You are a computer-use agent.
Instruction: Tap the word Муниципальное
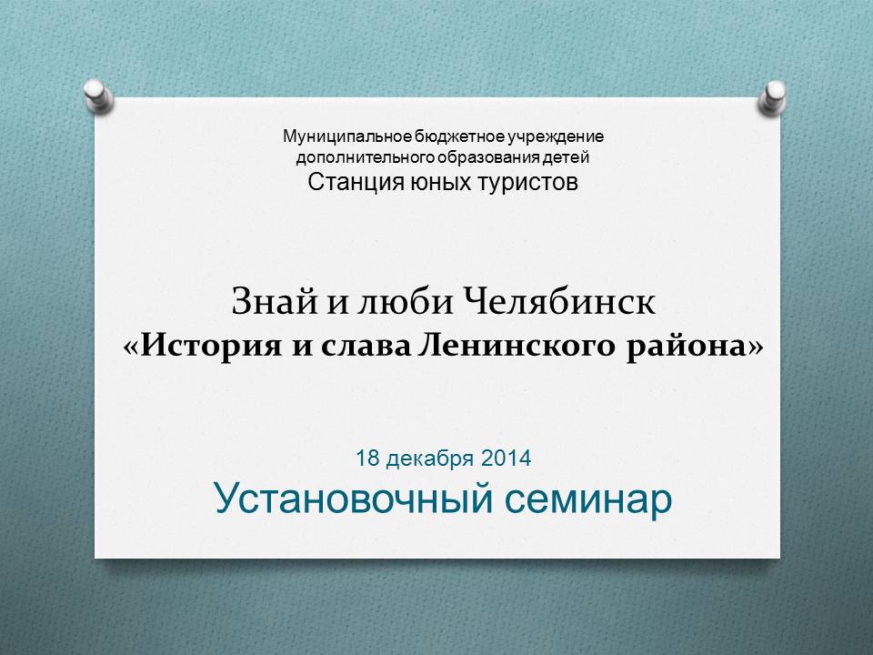pos(347,136)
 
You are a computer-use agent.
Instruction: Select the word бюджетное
pos(458,136)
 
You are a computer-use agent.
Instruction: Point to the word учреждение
pos(555,136)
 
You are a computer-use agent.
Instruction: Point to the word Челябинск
pos(559,302)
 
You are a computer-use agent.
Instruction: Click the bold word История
pos(210,346)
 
